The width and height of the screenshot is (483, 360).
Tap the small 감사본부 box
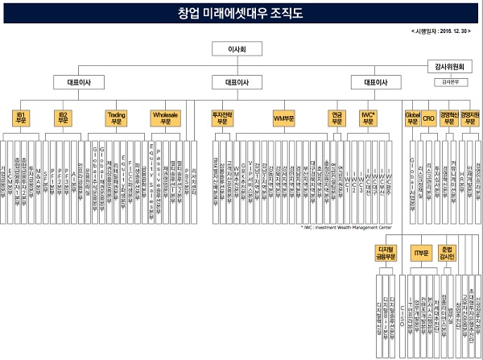point(447,81)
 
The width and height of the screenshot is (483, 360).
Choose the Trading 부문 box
point(117,118)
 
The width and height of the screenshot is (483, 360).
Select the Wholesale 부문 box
point(166,118)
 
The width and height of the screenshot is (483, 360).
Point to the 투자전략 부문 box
point(221,118)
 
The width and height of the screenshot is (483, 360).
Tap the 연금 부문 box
point(336,118)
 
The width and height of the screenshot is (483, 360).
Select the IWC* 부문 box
point(369,118)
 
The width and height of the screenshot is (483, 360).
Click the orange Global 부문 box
point(412,118)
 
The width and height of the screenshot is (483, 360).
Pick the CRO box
point(429,118)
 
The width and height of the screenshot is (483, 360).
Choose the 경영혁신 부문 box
point(449,118)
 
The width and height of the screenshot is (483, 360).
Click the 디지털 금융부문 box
point(385,254)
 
